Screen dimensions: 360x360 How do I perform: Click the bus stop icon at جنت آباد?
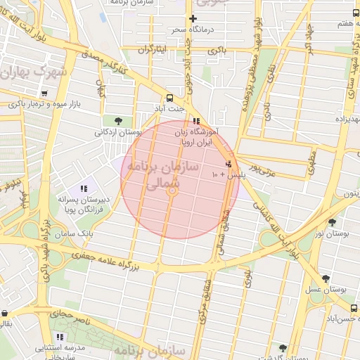coord(170,98)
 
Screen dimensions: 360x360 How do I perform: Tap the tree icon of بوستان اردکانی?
coord(127,120)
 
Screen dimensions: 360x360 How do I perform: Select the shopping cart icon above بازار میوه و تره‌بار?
coord(44,93)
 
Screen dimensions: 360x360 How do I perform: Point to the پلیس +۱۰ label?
coord(224,174)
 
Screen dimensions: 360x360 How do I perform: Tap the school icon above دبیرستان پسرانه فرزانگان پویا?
coord(84,188)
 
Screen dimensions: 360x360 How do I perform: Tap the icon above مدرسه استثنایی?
coord(60,337)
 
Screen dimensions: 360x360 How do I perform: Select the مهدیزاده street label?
coord(347,119)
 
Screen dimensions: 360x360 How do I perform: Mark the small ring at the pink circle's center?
coord(170,191)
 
